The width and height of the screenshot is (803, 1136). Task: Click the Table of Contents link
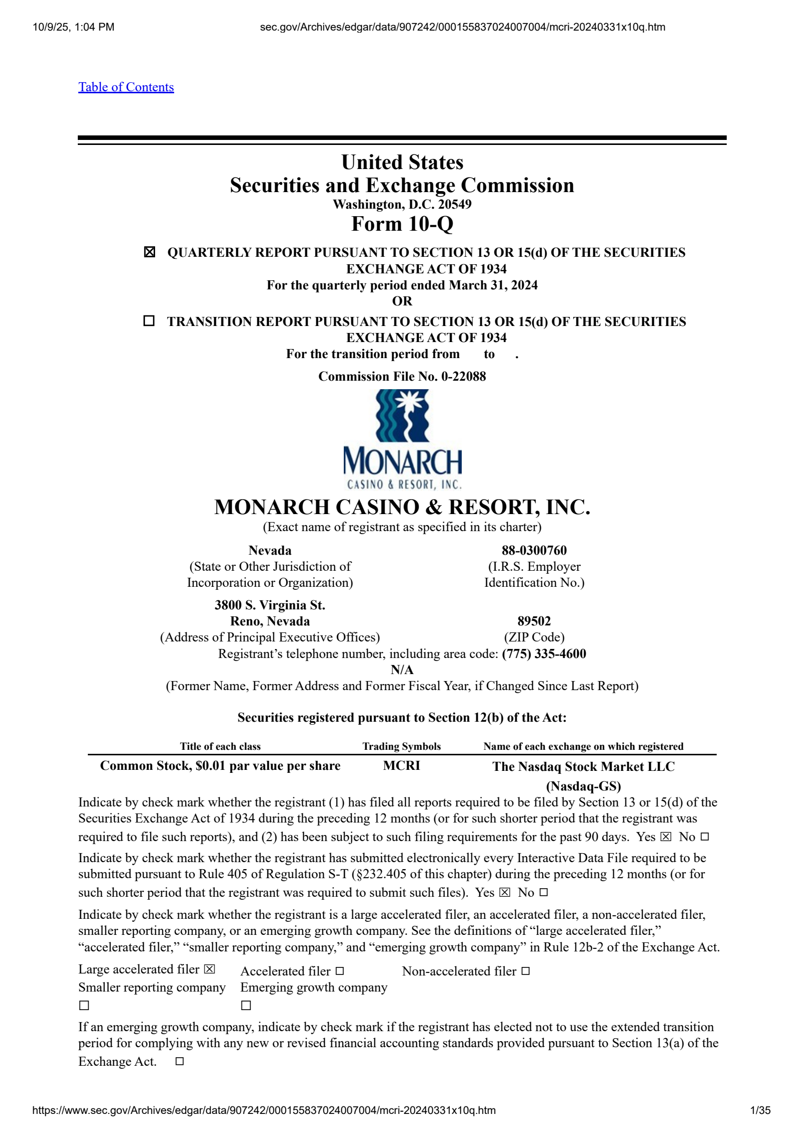pyautogui.click(x=126, y=87)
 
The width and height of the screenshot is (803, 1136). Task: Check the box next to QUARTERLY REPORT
pyautogui.click(x=149, y=252)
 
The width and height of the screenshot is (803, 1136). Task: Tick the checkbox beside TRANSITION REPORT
pyautogui.click(x=149, y=320)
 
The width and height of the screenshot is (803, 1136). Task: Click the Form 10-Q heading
pyautogui.click(x=402, y=224)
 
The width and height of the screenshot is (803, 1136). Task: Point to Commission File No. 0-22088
pyautogui.click(x=402, y=376)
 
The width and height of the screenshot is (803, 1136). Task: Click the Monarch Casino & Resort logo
pyautogui.click(x=402, y=439)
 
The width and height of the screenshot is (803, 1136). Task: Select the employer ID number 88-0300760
pyautogui.click(x=534, y=550)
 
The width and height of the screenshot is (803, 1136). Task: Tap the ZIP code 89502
pyautogui.click(x=534, y=621)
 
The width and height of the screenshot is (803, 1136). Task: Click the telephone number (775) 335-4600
pyautogui.click(x=544, y=654)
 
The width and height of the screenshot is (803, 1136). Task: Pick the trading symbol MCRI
pyautogui.click(x=401, y=765)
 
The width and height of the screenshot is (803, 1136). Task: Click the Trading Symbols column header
pyautogui.click(x=401, y=746)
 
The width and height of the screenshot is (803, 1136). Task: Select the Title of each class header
pyautogui.click(x=220, y=746)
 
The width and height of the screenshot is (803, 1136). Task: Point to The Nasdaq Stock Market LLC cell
pyautogui.click(x=583, y=766)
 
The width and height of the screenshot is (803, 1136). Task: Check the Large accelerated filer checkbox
pyautogui.click(x=209, y=969)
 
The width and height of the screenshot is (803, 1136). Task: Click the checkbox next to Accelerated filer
pyautogui.click(x=340, y=971)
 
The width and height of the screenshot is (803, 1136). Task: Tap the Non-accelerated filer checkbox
pyautogui.click(x=525, y=971)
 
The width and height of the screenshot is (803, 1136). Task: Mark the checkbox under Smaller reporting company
pyautogui.click(x=84, y=1006)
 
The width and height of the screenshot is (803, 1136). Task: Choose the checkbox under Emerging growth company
pyautogui.click(x=246, y=1006)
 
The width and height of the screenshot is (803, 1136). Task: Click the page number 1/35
pyautogui.click(x=760, y=1110)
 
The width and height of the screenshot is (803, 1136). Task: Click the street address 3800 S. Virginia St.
pyautogui.click(x=270, y=605)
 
